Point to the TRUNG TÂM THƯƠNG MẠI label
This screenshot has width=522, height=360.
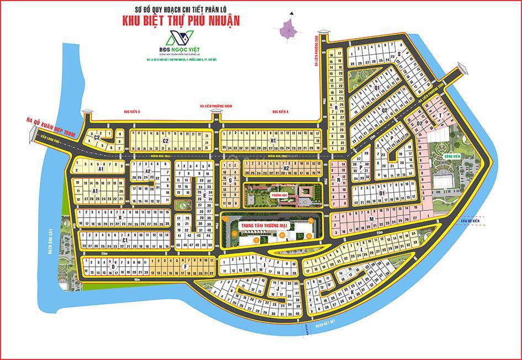pyautogui.click(x=262, y=226)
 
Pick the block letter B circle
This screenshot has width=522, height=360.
pyautogui.click(x=119, y=218)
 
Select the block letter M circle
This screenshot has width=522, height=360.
pyautogui.click(x=372, y=219)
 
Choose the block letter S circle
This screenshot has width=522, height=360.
pyautogui.click(x=398, y=54)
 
